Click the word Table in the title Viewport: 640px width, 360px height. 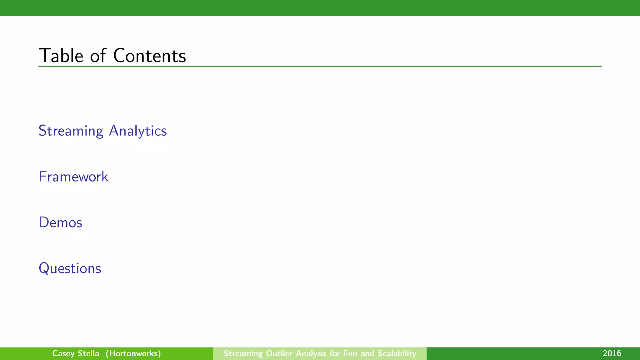point(61,56)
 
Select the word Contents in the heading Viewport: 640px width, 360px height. point(149,56)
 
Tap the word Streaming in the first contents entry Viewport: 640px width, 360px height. point(71,131)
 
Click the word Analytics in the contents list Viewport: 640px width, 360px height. point(138,131)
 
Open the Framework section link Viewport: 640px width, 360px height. point(73,177)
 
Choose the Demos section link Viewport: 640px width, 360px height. point(61,222)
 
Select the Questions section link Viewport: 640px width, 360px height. point(70,268)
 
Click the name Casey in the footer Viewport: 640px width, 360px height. point(63,354)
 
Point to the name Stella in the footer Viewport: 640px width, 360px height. point(88,353)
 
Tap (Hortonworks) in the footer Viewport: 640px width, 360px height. point(133,353)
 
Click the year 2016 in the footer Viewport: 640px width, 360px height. point(612,353)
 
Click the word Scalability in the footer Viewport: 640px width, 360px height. point(397,353)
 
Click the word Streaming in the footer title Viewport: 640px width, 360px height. point(243,353)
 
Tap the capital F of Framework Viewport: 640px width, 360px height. point(42,177)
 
